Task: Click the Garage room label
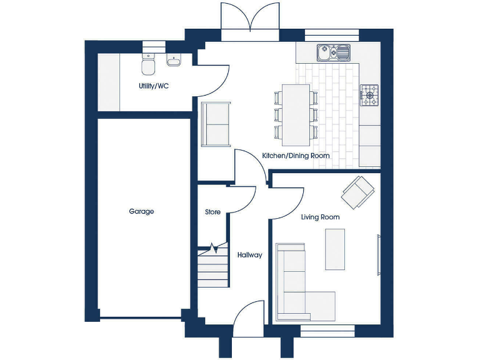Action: click(141, 212)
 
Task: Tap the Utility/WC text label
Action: click(154, 86)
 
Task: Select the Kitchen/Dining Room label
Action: click(296, 156)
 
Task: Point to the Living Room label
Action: click(320, 217)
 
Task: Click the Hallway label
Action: click(249, 255)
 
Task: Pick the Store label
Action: click(212, 212)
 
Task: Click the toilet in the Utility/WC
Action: click(148, 64)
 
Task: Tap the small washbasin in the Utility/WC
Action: click(174, 61)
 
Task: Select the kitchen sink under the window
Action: click(333, 53)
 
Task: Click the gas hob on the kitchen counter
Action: click(369, 95)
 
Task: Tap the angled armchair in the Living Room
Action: click(357, 192)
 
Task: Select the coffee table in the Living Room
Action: click(335, 249)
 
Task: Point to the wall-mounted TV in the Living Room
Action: click(378, 254)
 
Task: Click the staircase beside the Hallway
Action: click(213, 269)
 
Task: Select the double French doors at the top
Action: click(250, 21)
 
